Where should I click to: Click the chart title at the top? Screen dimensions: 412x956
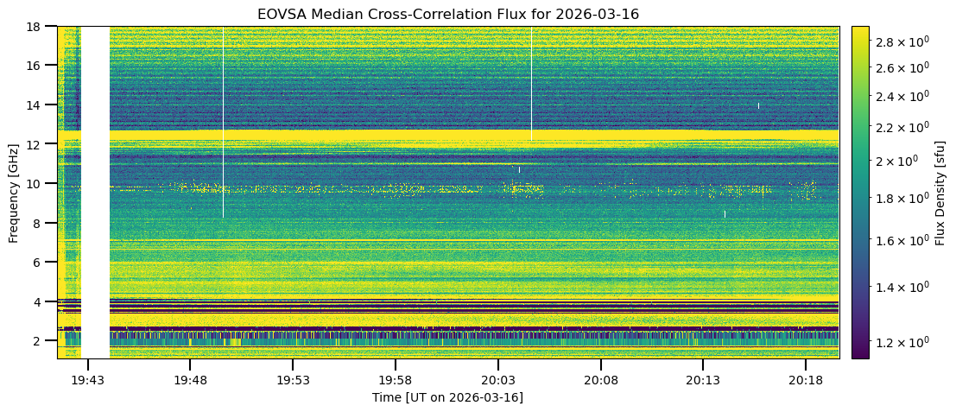tap(448, 15)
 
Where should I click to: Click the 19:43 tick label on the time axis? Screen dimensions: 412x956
tap(87, 380)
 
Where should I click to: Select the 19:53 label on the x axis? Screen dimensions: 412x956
tap(293, 380)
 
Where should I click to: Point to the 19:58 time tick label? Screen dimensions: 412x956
tap(395, 380)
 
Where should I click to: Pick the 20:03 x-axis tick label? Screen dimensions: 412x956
tap(497, 380)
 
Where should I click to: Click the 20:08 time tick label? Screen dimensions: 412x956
tap(600, 380)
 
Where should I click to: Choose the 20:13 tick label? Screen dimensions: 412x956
tap(702, 380)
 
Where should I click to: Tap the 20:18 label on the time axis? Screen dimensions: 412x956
tap(805, 380)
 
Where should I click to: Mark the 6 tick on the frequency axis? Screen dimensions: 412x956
tap(42, 262)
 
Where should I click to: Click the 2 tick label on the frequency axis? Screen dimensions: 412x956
tap(42, 340)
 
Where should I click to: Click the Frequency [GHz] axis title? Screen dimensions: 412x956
tap(14, 192)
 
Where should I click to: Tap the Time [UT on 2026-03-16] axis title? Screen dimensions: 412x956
tap(448, 397)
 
